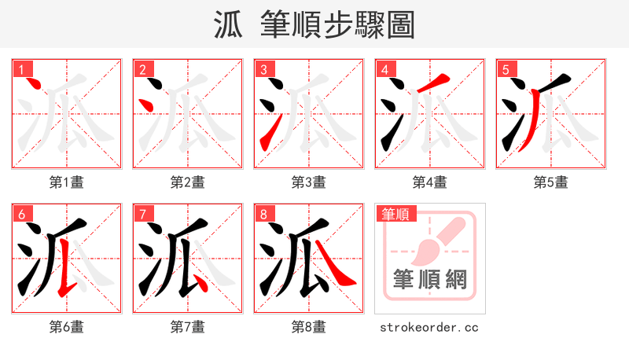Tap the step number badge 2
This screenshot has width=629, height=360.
point(142,69)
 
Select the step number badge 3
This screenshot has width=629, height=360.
point(263,69)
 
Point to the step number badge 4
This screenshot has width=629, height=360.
point(384,69)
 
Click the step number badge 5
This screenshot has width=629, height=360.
point(506,69)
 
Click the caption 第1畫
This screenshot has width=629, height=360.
point(66,182)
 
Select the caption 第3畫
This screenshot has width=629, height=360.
point(308,182)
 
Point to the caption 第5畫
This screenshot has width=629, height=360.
point(550,182)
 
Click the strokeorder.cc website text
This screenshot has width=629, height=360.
point(429,327)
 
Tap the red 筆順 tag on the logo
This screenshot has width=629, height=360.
point(396,213)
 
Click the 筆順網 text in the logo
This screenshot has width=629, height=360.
point(430,279)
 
